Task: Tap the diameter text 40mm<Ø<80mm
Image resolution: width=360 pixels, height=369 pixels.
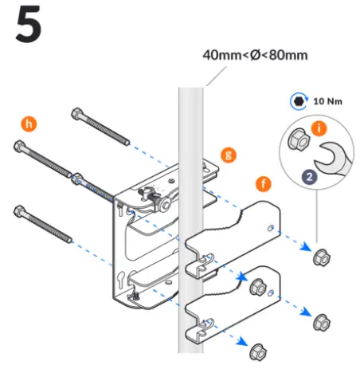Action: (x=254, y=56)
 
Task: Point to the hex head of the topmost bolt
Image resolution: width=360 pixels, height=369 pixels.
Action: (x=77, y=112)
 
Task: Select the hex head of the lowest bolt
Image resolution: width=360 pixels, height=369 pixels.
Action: (x=19, y=211)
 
